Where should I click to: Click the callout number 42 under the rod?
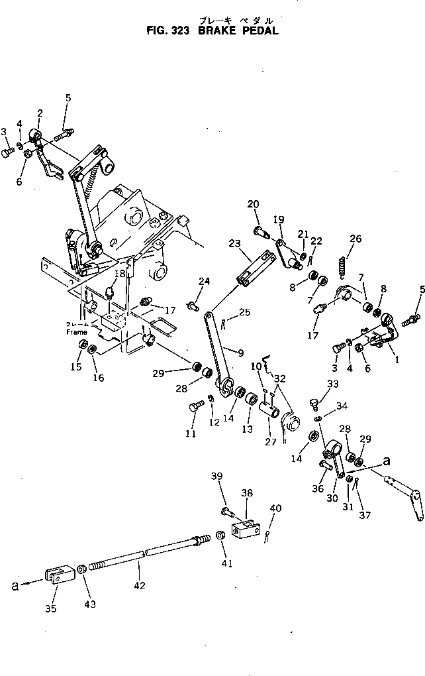140,585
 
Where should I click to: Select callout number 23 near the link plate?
236,243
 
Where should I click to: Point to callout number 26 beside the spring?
356,239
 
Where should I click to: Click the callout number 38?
247,493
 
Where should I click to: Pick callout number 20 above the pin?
254,203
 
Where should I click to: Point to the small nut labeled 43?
80,569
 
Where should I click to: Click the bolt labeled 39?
228,511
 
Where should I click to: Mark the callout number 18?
120,274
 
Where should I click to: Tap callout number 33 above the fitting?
332,384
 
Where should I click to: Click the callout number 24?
205,281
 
